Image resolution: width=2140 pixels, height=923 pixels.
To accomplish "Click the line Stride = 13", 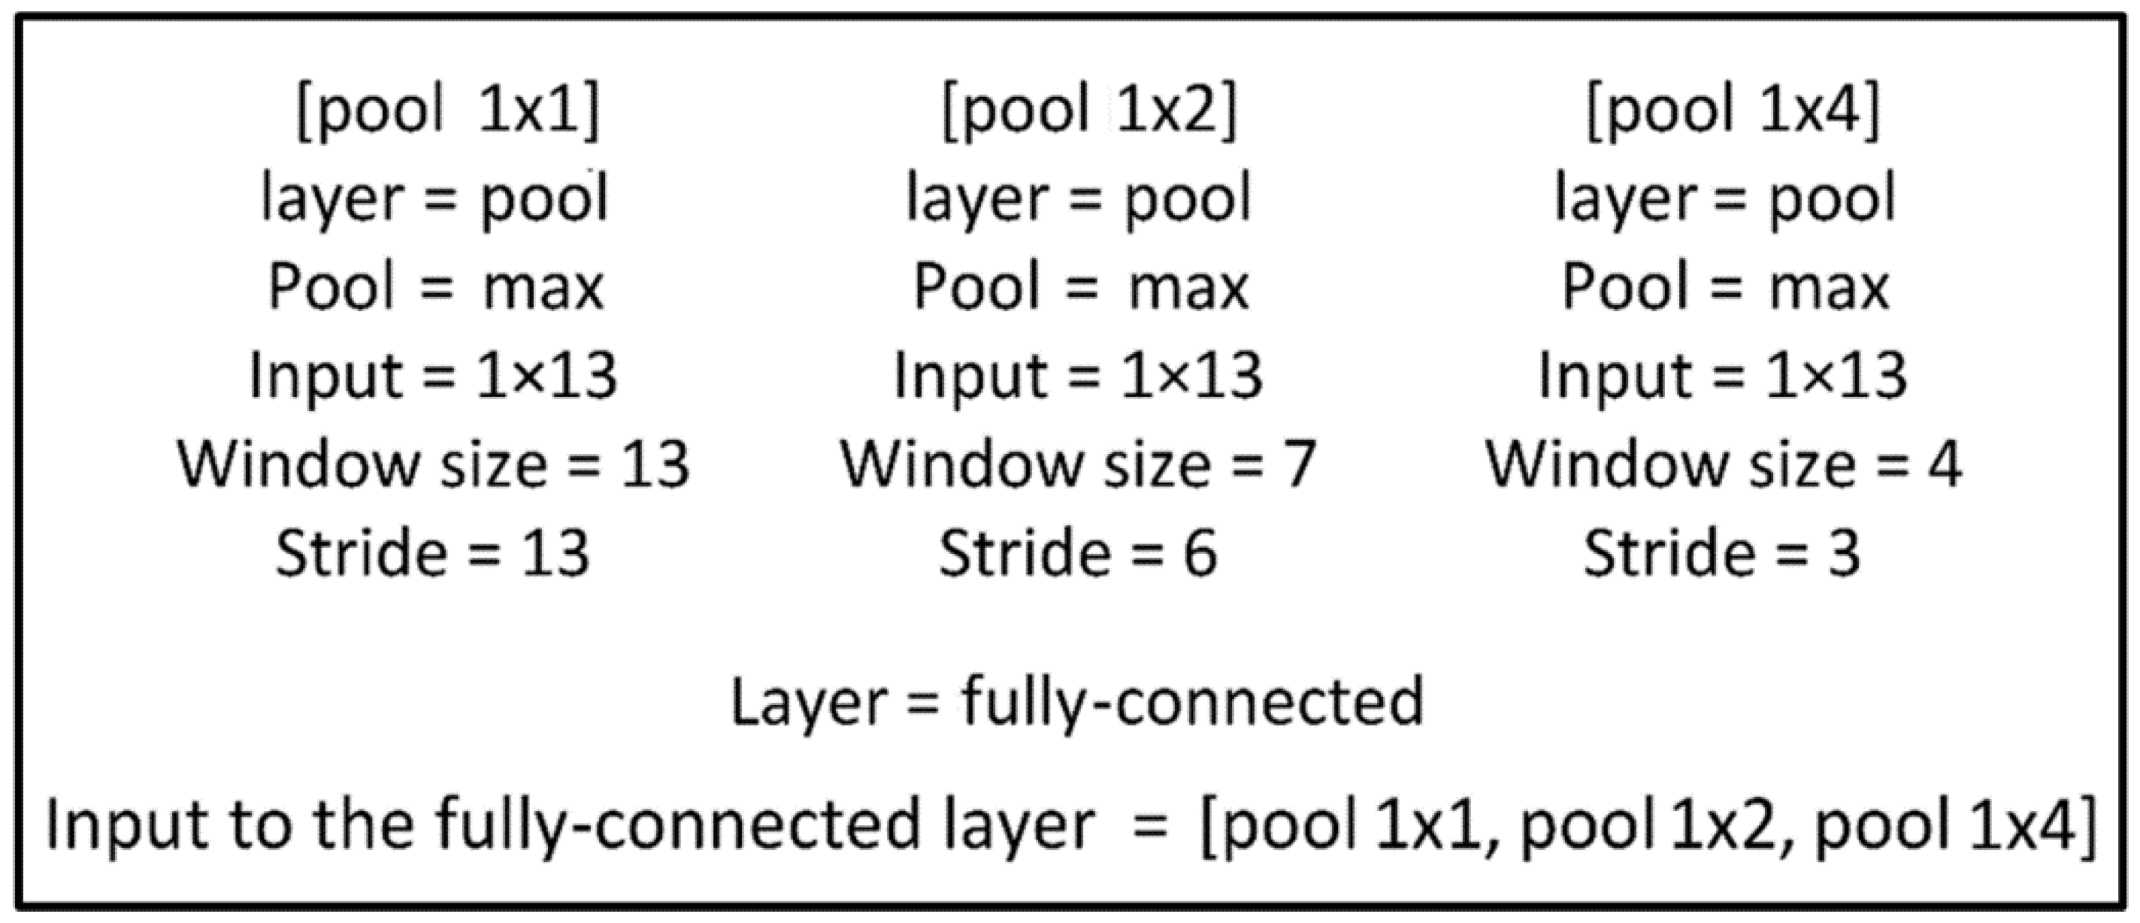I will [x=433, y=553].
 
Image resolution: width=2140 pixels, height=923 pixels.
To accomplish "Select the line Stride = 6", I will [x=1077, y=553].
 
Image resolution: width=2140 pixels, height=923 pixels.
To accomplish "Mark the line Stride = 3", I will [x=1721, y=553].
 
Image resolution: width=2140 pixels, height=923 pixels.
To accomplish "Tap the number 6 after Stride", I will [x=1200, y=553].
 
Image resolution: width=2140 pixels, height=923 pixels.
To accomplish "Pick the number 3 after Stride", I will [x=1843, y=553].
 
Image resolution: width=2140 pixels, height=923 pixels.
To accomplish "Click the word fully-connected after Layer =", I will [x=1193, y=703].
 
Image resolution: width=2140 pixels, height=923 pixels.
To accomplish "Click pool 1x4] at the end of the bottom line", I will [x=1957, y=826].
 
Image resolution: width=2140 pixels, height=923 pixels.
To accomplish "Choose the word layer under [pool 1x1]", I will [x=332, y=199].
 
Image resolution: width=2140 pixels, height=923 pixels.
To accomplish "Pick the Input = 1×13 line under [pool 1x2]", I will [x=1077, y=376].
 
